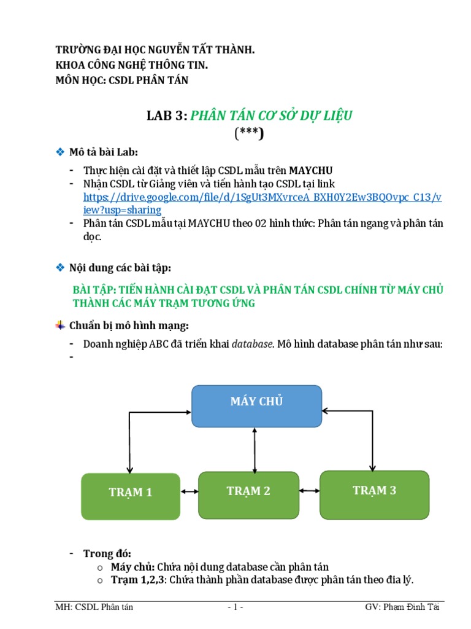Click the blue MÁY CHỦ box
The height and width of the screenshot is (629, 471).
pos(256,405)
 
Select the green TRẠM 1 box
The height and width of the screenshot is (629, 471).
pos(131,496)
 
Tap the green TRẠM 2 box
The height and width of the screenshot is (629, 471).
pos(248,495)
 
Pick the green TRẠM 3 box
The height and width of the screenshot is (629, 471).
pos(374,494)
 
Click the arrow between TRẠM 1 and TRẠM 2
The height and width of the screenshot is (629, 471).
pos(189,491)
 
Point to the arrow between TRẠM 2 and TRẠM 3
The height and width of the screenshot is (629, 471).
pos(309,491)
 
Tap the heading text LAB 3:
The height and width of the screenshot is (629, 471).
pos(166,116)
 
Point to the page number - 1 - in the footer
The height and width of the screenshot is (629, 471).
pos(235,608)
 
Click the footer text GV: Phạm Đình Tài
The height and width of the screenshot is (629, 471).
pos(402,608)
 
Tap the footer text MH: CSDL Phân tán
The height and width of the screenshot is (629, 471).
pos(94,608)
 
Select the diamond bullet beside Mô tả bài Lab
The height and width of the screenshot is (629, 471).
pos(60,151)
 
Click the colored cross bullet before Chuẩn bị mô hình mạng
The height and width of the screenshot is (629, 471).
pos(60,324)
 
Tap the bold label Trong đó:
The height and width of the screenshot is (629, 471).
pos(107,554)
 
